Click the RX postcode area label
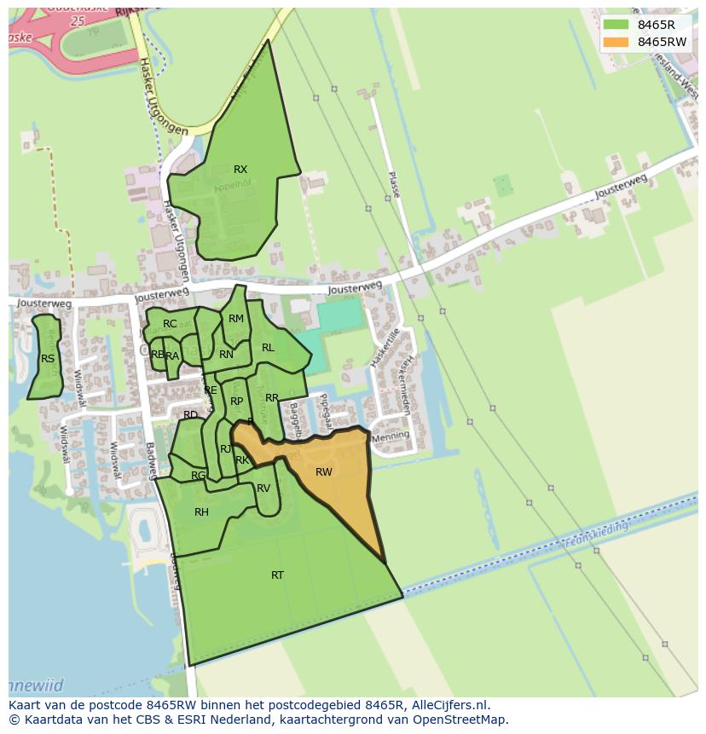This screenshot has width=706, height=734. [x=240, y=170]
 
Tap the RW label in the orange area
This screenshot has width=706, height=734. [x=324, y=472]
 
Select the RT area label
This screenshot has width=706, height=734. [x=277, y=575]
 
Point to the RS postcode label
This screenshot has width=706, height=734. [x=48, y=359]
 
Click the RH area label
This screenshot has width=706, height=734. [x=201, y=512]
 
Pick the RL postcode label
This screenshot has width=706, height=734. [x=268, y=348]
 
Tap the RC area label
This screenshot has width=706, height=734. [x=170, y=324]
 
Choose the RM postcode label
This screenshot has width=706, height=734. [x=236, y=319]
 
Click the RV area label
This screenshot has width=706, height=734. [x=263, y=488]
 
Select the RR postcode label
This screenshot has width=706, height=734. [x=272, y=398]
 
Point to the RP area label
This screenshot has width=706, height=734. [x=237, y=402]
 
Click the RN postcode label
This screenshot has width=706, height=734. [x=226, y=355]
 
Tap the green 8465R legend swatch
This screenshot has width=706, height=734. [x=615, y=25]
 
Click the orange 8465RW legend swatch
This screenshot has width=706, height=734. [x=615, y=42]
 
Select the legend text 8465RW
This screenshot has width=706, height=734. [x=662, y=42]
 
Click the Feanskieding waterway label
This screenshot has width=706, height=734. [x=596, y=535]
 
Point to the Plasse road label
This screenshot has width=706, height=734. [x=393, y=184]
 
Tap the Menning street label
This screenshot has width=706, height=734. [x=391, y=436]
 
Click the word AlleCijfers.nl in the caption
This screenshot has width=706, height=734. [x=450, y=705]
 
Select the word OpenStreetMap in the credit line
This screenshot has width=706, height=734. [x=461, y=720]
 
